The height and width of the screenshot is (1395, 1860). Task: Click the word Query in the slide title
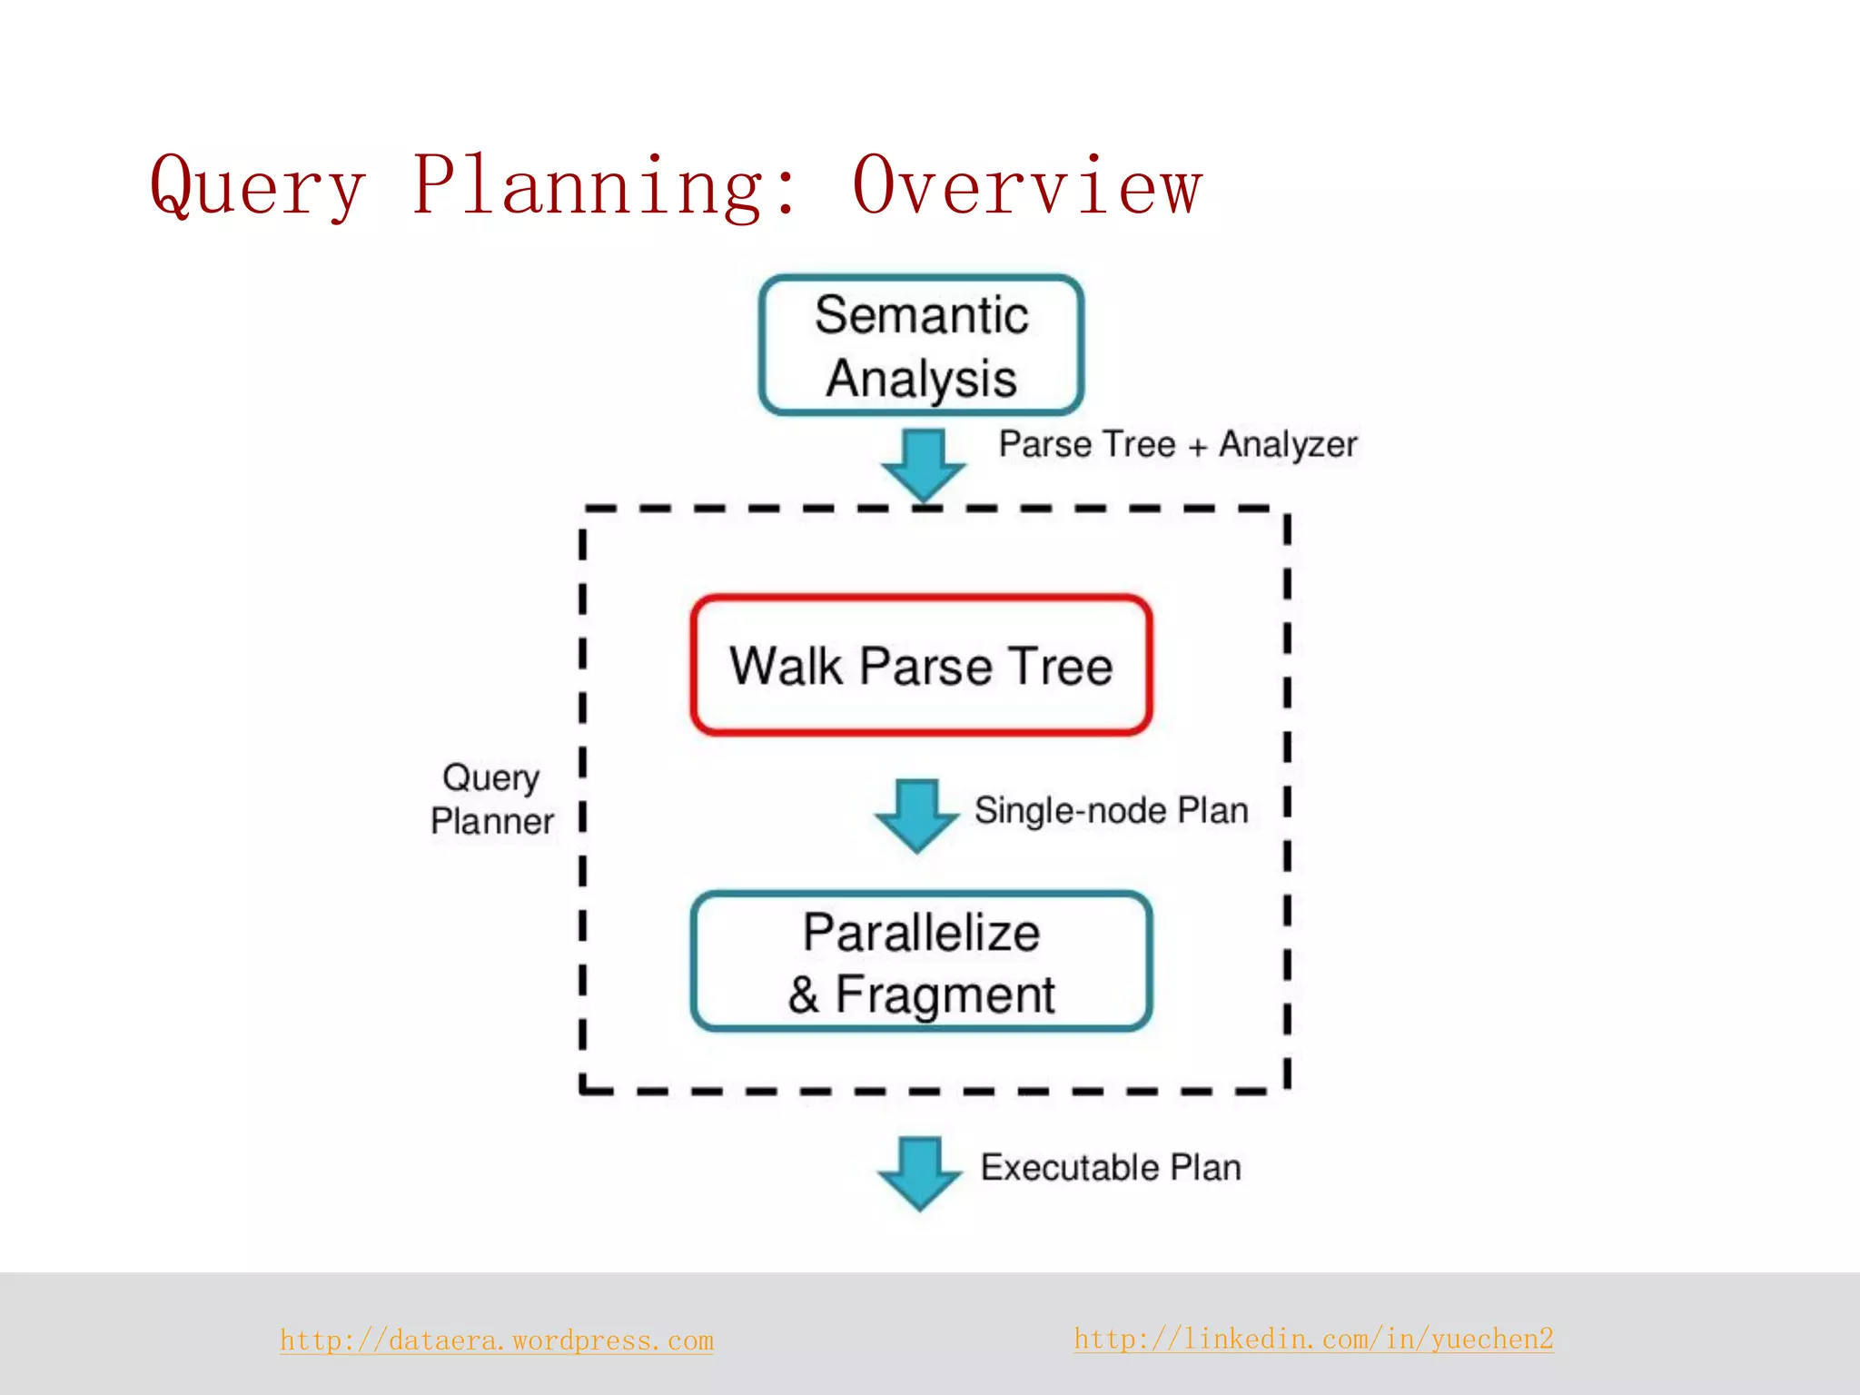[x=258, y=186]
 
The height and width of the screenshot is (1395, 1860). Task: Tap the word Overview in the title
[x=1027, y=186]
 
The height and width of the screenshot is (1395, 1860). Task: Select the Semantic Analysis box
[x=921, y=346]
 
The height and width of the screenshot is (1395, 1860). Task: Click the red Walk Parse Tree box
[x=921, y=666]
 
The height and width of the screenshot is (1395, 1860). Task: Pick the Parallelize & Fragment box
[x=921, y=962]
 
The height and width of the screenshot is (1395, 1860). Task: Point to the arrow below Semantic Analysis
[x=924, y=464]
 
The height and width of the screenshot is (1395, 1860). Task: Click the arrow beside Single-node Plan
[x=917, y=814]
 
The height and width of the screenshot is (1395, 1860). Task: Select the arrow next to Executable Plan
[x=920, y=1172]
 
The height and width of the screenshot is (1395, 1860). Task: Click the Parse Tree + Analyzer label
[x=1177, y=445]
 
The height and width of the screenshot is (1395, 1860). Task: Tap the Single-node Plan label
[x=1111, y=810]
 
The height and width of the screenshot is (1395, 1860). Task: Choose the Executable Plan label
[x=1110, y=1168]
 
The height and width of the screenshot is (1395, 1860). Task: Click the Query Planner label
[x=491, y=799]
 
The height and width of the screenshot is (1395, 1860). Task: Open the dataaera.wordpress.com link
[x=497, y=1341]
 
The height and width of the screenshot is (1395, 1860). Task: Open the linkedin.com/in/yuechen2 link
[x=1313, y=1339]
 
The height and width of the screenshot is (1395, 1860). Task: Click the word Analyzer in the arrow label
[x=1287, y=445]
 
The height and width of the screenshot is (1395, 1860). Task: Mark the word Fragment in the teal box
[x=945, y=995]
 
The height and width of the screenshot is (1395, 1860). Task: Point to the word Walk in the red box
[x=786, y=666]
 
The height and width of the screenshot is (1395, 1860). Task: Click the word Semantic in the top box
[x=921, y=315]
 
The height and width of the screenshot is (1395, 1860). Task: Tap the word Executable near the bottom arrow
[x=1069, y=1168]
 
